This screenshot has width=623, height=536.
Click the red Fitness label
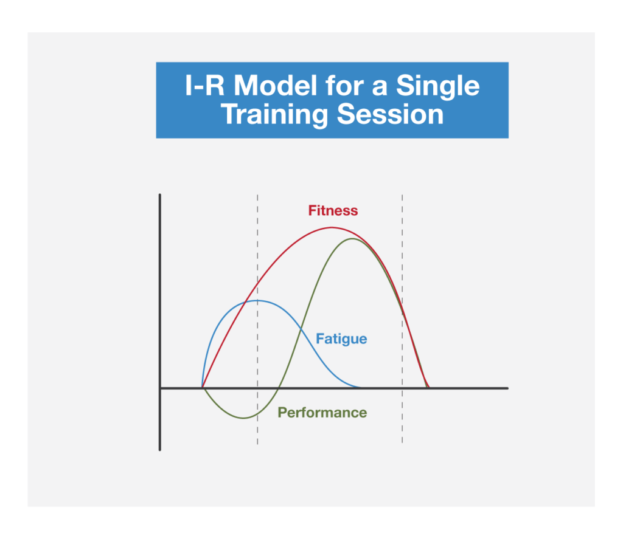[333, 210]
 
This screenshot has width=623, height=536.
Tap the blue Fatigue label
[341, 339]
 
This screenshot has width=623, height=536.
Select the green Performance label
[322, 413]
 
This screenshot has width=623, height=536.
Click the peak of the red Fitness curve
[332, 228]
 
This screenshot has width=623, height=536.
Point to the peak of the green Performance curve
[352, 239]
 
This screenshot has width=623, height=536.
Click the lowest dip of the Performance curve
[243, 417]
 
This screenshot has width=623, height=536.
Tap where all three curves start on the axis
[202, 388]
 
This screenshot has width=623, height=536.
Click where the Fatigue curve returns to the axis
[361, 388]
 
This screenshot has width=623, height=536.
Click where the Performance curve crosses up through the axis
[279, 388]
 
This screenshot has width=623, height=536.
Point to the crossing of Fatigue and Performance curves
[301, 329]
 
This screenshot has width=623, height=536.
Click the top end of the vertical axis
[160, 195]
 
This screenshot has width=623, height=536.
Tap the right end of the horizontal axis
[508, 388]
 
